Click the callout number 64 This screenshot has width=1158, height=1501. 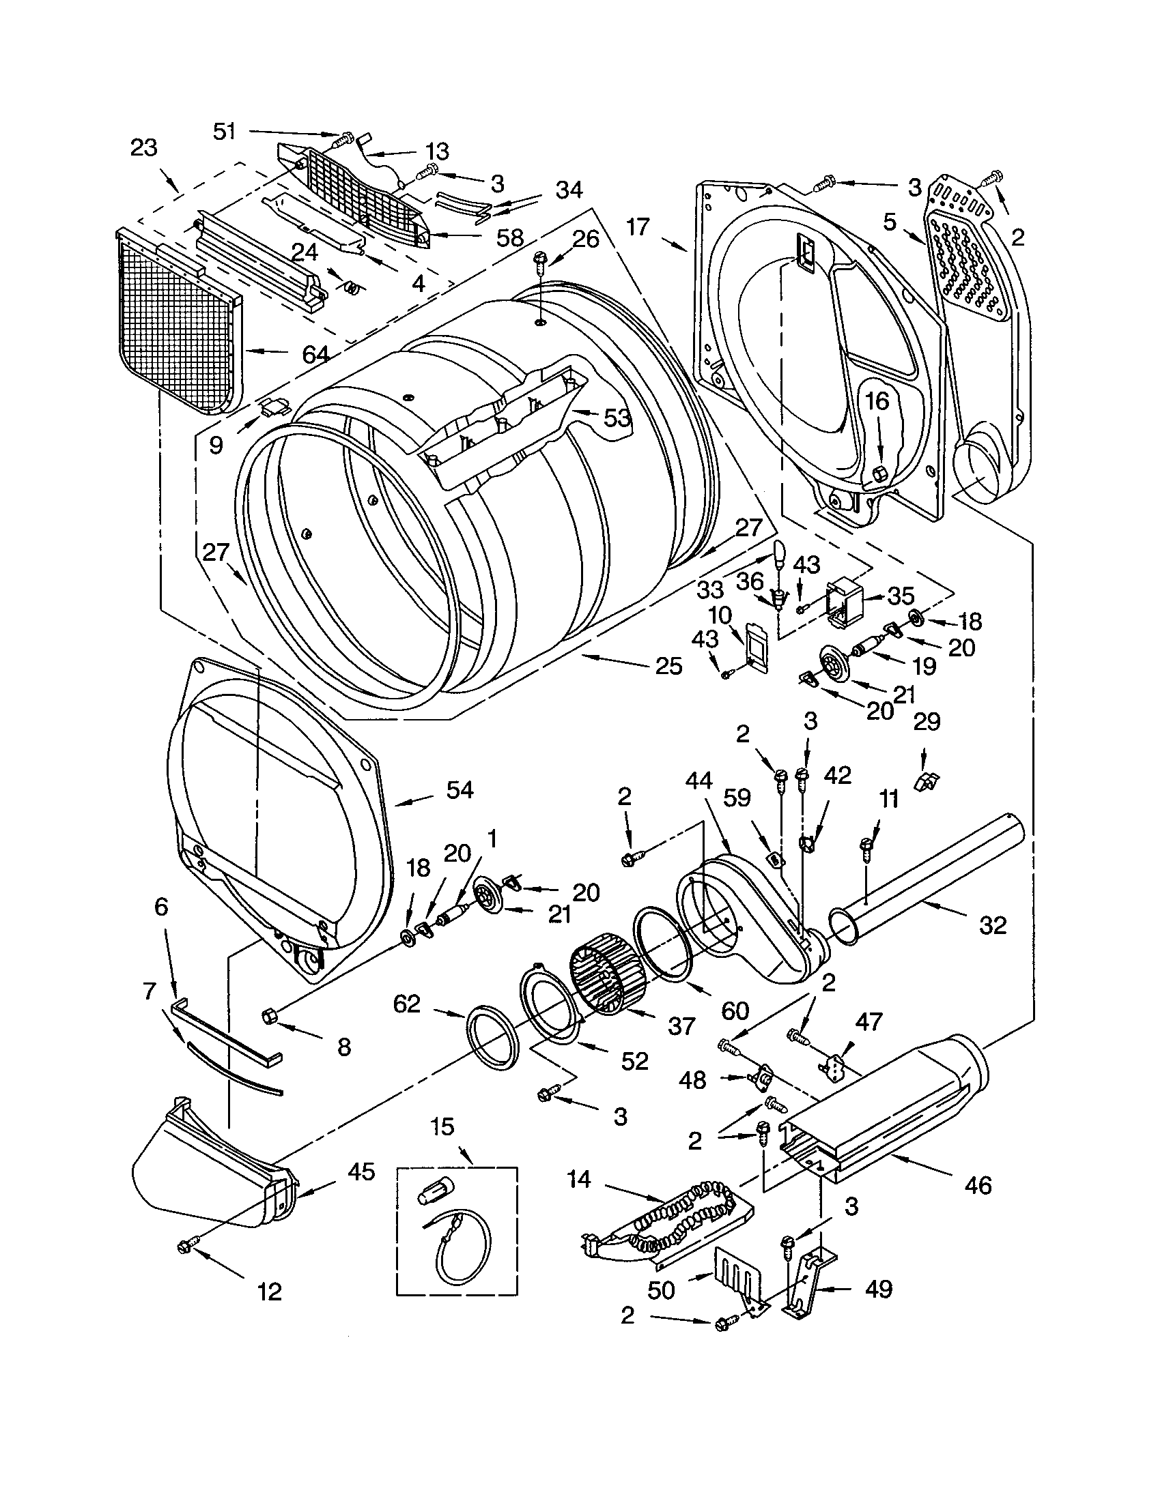click(x=315, y=355)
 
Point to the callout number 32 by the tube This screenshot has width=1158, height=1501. click(x=992, y=926)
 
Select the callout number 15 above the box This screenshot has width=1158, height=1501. click(x=443, y=1126)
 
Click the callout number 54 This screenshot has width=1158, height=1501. click(x=459, y=790)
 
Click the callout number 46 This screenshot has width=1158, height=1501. click(x=978, y=1185)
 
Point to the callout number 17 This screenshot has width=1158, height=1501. click(x=638, y=226)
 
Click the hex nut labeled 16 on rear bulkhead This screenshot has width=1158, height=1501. click(x=879, y=473)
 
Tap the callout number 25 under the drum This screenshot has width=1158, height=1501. click(x=668, y=665)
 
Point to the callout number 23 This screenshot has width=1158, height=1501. click(x=143, y=148)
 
